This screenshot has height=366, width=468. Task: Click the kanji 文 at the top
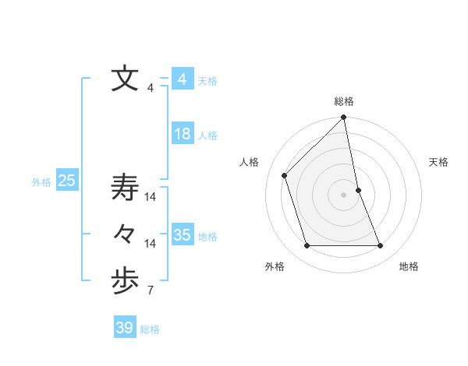coord(125,79)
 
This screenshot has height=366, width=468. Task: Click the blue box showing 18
coord(183,134)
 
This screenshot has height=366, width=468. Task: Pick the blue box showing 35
coord(183,235)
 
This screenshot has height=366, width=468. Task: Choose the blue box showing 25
coord(67,181)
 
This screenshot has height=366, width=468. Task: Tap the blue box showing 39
coord(125,328)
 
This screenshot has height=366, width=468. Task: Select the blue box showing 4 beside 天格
coord(183,79)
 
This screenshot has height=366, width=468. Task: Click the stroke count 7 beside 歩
coord(150,291)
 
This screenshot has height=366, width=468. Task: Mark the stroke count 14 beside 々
coord(151,244)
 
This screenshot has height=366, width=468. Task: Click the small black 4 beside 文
coord(150,88)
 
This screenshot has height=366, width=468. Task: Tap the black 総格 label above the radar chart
coord(344,101)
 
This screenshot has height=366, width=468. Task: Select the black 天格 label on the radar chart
coord(438,162)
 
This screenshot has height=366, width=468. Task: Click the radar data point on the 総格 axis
coord(344,118)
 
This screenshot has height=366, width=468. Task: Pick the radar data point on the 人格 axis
coord(285,175)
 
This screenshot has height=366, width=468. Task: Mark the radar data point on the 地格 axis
coord(381,246)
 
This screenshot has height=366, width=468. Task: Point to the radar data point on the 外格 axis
coord(307,246)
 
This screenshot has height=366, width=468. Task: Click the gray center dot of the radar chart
coord(344,195)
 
